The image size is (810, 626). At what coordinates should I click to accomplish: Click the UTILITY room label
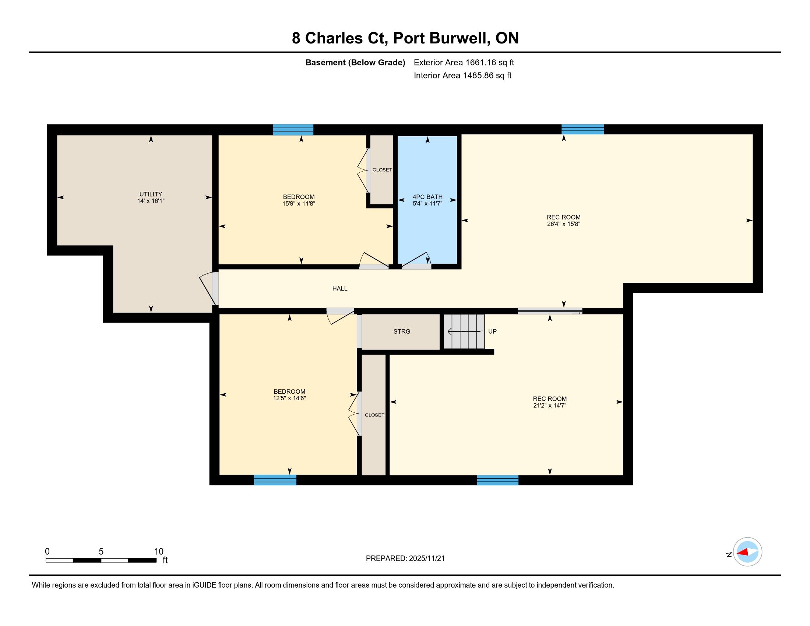(151, 194)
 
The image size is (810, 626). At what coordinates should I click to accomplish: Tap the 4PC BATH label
(427, 197)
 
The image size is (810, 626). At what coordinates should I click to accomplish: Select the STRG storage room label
(402, 331)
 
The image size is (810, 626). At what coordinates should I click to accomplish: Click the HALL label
(340, 289)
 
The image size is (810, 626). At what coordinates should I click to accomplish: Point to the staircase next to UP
(464, 331)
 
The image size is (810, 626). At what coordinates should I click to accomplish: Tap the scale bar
(101, 560)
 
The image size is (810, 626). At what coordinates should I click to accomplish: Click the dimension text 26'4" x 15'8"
(563, 224)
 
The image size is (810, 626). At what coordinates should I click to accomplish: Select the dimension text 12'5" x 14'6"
(289, 398)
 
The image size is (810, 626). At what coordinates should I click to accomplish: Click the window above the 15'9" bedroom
(293, 130)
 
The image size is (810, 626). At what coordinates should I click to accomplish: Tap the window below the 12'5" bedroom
(275, 480)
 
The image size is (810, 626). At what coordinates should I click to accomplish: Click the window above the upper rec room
(583, 129)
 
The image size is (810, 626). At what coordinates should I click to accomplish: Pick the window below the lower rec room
(497, 480)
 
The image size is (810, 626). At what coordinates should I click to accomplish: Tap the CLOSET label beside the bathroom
(382, 170)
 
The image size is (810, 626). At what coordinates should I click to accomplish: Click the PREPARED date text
(405, 559)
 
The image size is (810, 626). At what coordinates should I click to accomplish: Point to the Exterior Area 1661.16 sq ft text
(464, 62)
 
